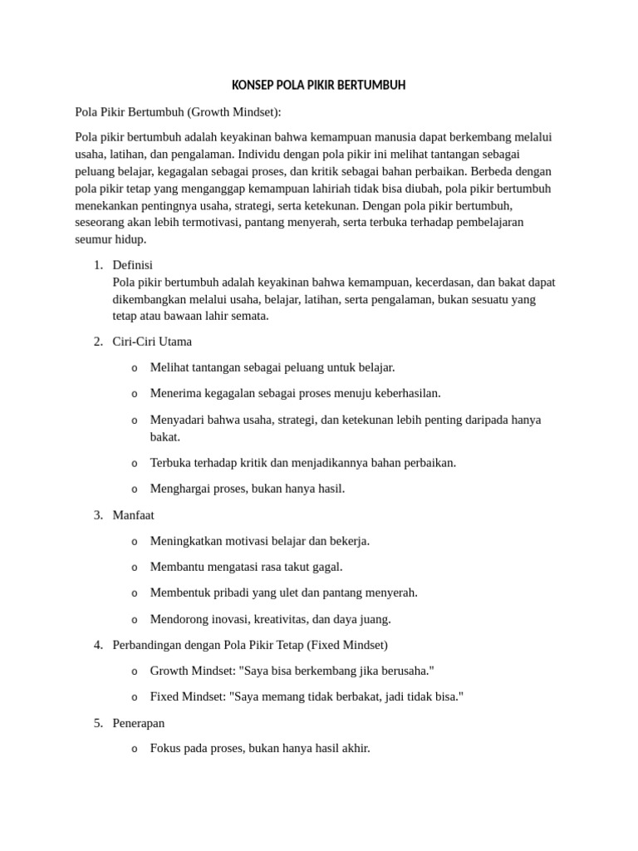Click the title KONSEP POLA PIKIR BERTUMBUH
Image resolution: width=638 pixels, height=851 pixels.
318,86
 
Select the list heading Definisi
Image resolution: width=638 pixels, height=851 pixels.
138,264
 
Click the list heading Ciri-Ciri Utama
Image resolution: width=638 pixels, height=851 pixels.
152,342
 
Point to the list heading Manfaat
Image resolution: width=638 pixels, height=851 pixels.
133,515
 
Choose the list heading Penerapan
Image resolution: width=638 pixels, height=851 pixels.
139,723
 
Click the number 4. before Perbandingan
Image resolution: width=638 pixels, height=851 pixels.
98,645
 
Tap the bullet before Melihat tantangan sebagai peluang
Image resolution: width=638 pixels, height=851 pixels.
134,368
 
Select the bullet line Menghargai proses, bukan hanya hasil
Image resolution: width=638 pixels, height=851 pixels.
247,489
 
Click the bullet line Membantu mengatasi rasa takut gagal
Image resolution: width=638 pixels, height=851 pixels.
246,567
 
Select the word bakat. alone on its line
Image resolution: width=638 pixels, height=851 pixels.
165,436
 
